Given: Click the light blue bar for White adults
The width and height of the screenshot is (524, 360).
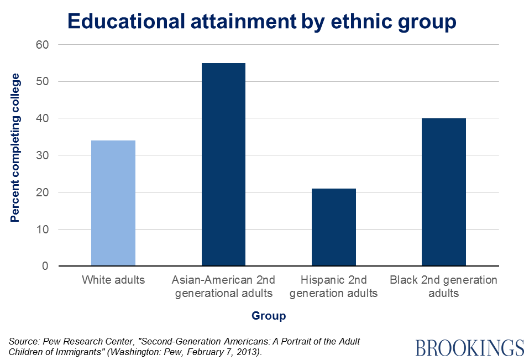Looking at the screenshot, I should pos(113,203).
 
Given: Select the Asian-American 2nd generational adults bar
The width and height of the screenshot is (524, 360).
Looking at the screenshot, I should pos(223,164).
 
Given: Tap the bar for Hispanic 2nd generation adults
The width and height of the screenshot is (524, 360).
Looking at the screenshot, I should pos(334,227).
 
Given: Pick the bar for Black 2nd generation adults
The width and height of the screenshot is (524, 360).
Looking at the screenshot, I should pos(444,192).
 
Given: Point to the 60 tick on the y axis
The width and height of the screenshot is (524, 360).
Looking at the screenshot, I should pos(42,45).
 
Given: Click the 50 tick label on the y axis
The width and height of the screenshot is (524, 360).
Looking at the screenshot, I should pos(42,82).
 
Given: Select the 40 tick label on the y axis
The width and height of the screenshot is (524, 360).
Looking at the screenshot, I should pos(42,118).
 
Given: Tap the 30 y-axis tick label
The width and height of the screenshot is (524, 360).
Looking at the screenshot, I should pos(42,155).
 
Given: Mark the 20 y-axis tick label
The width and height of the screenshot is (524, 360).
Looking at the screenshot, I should pos(42,192).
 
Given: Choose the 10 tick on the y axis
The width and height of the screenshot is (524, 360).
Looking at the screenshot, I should pos(42,229).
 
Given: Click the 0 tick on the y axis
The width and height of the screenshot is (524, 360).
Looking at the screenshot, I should pos(45,266).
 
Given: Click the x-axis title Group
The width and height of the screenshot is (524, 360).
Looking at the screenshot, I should pos(269,316).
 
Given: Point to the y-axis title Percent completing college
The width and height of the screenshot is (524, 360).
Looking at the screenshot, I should pos(15,148).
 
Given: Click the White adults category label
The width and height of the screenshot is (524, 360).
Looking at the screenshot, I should pos(113,280).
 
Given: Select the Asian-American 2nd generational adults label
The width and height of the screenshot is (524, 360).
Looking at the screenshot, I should pos(223,286).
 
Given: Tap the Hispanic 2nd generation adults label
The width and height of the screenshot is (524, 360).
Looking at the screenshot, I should pos(334,286).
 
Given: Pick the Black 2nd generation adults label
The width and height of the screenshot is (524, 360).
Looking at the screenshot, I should pos(444,286).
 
